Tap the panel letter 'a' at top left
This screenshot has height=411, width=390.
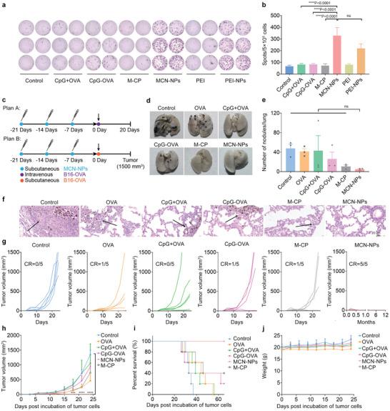5,5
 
